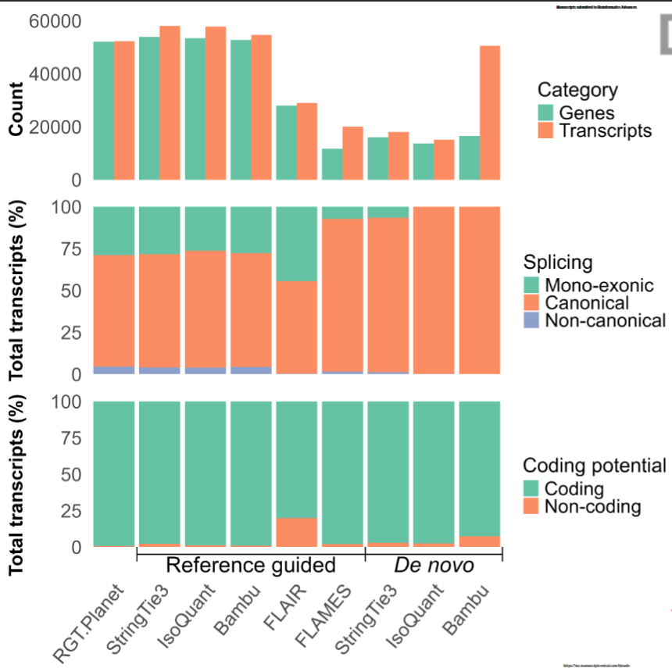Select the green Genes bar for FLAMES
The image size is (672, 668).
pyautogui.click(x=331, y=164)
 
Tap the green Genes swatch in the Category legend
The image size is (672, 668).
pyautogui.click(x=545, y=113)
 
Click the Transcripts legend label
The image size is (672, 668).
pyautogui.click(x=605, y=130)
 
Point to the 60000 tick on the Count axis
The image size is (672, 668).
pyautogui.click(x=55, y=21)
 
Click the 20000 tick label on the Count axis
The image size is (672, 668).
pyautogui.click(x=55, y=127)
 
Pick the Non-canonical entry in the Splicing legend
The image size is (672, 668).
pyautogui.click(x=605, y=320)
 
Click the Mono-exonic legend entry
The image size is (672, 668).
pyautogui.click(x=599, y=284)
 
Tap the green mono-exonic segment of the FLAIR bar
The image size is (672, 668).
pyautogui.click(x=296, y=243)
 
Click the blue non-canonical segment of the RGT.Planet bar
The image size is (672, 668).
pyautogui.click(x=114, y=370)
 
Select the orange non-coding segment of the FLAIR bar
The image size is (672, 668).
pyautogui.click(x=296, y=532)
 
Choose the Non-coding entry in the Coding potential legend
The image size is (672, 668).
pyautogui.click(x=592, y=507)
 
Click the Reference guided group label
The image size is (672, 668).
pyautogui.click(x=251, y=565)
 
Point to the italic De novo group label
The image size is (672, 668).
pyautogui.click(x=434, y=565)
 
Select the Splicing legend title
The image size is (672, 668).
pyautogui.click(x=558, y=262)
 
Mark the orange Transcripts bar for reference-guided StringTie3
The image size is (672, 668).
pyautogui.click(x=170, y=102)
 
